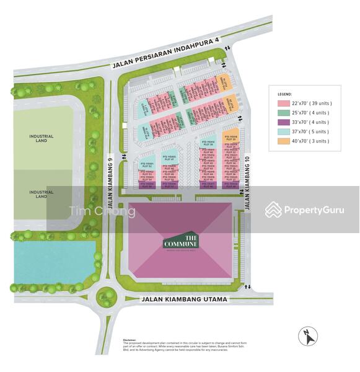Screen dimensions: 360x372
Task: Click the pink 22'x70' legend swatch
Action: [x=284, y=104]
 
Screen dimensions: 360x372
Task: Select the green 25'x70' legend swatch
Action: [x=284, y=113]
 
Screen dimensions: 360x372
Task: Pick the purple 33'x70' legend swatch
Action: [x=284, y=122]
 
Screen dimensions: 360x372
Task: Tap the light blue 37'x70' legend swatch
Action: [x=284, y=131]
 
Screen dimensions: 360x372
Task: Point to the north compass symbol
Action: [x=308, y=337]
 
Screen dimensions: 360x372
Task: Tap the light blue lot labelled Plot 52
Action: [x=147, y=164]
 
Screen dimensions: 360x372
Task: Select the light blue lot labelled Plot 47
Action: [x=169, y=157]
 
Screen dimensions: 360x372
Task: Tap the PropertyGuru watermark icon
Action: [x=273, y=210]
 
